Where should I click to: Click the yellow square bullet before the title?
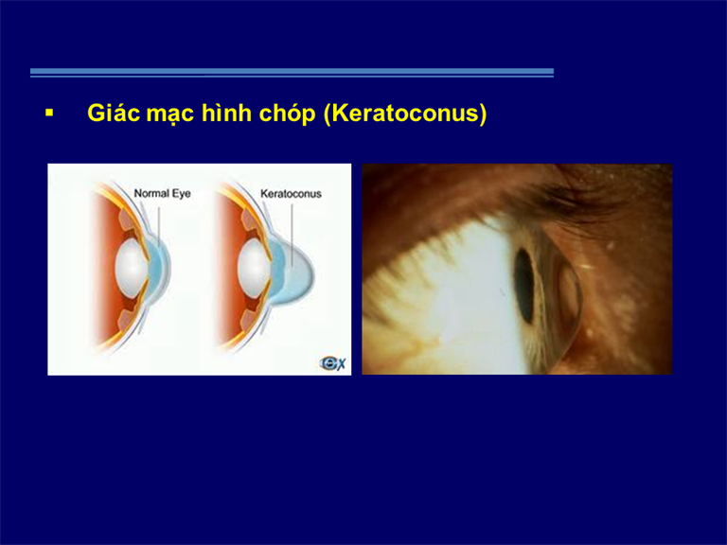(49, 113)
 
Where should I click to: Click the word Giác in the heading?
(114, 113)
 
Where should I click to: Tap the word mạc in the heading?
(169, 114)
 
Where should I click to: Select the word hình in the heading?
(226, 113)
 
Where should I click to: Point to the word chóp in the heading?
(287, 114)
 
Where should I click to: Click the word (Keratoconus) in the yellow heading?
(405, 114)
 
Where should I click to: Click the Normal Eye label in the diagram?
(162, 194)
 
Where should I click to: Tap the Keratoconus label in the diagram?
(291, 194)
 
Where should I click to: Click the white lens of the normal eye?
(132, 268)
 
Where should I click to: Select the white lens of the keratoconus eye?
(254, 268)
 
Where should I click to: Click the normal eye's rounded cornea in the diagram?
(162, 269)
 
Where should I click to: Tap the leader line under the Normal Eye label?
(159, 227)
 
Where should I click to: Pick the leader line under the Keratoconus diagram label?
(292, 236)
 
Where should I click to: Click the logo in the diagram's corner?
(333, 363)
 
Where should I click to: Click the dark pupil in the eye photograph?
(524, 286)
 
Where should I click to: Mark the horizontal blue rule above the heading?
(293, 72)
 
